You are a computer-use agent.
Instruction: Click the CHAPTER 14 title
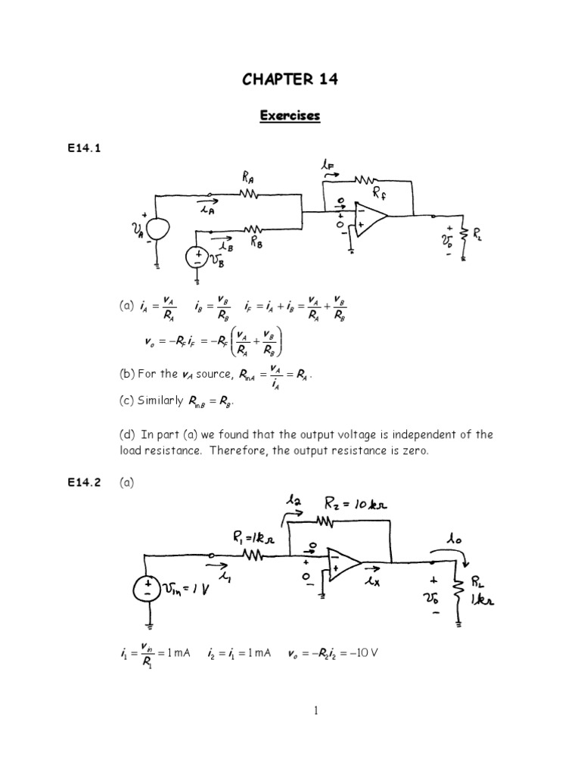[290, 80]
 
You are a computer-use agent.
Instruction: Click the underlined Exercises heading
[290, 116]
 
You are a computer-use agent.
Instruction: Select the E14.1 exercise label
[84, 149]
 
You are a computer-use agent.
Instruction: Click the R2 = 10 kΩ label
[355, 503]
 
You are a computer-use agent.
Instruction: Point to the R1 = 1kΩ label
[255, 538]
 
